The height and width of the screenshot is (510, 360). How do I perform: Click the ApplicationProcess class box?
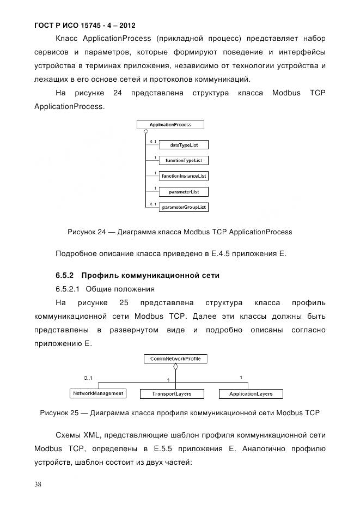(170, 125)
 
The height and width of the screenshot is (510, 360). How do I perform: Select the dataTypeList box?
(183, 145)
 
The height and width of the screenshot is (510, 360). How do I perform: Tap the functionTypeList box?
(183, 161)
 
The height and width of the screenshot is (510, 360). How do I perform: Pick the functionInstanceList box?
(183, 176)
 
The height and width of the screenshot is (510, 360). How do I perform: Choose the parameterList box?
(183, 192)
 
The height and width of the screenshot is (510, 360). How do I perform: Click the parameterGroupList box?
(183, 208)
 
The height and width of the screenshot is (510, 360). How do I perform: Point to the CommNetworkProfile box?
(175, 359)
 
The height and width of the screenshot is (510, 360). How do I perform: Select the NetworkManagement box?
(98, 393)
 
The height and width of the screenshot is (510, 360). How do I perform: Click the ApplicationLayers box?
(246, 393)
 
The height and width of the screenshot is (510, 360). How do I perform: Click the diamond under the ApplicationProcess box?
(145, 132)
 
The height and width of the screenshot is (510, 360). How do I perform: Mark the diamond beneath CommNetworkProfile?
(175, 367)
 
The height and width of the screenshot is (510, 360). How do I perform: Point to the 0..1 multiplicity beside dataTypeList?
(153, 142)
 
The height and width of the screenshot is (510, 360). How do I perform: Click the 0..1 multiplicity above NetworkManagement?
(88, 378)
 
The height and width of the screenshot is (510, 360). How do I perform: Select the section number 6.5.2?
(65, 275)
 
